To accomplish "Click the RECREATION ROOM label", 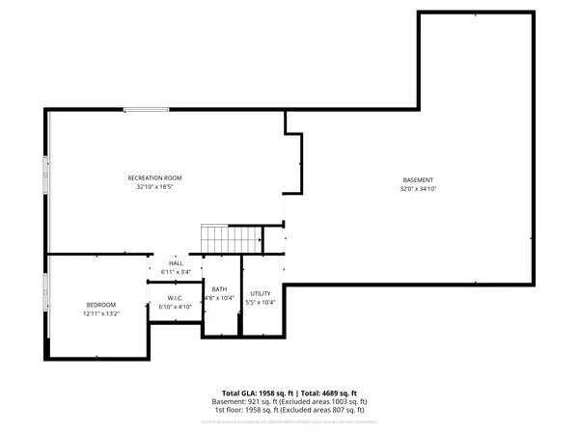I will tap(154, 177).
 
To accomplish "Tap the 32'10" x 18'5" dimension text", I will tap(154, 187).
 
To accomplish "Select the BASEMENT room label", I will tap(418, 180).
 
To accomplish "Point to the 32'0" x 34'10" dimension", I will tap(418, 189).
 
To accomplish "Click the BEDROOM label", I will tap(101, 306).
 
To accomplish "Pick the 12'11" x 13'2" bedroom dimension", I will tap(101, 314).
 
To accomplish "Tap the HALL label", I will tap(176, 263).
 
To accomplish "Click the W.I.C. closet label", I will tap(176, 298).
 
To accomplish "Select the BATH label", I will tap(220, 289).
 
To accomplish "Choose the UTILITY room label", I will tap(261, 293).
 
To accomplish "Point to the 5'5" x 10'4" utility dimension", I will tap(261, 302).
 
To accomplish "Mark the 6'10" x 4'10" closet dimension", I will tap(176, 307).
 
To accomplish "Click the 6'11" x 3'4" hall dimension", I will tap(176, 272).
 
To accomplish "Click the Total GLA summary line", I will tap(289, 393).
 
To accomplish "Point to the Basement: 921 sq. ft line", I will tap(289, 401).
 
